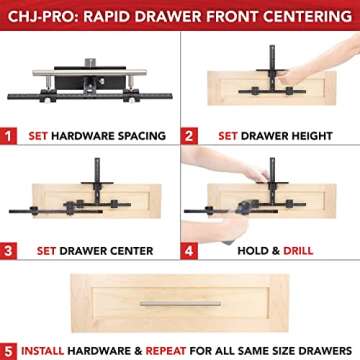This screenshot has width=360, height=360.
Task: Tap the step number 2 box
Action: coord(189,133)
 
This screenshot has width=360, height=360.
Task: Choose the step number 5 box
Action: coord(9,350)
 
